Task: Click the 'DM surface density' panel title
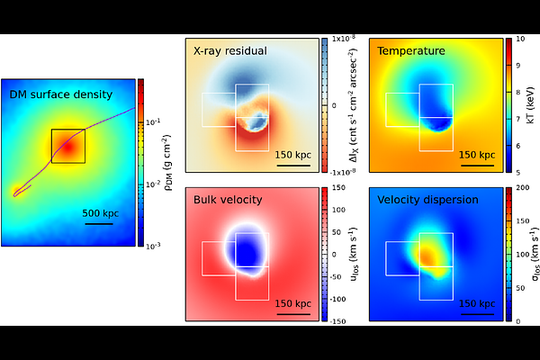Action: coord(61,94)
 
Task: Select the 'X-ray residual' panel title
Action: coord(230,51)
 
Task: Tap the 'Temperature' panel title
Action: coord(411,51)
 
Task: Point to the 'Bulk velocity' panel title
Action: coord(228,200)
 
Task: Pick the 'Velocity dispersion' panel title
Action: coord(427,200)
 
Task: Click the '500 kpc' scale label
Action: coord(100,213)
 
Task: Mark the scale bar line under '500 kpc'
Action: coord(99,224)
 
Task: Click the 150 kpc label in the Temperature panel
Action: coord(477,155)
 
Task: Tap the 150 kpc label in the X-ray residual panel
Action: coord(293,155)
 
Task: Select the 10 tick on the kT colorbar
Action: coord(520,39)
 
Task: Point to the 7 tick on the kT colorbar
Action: coord(518,119)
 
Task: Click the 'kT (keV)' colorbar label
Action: coord(530,105)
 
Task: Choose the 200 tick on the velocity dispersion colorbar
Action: coord(523,188)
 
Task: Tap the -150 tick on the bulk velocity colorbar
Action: coord(338,321)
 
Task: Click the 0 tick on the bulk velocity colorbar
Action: coord(334,255)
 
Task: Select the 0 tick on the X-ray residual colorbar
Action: coord(334,106)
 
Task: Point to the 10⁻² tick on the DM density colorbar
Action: coord(153,184)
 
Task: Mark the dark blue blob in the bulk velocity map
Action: coord(247,251)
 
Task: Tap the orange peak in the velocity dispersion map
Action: coord(427,256)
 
